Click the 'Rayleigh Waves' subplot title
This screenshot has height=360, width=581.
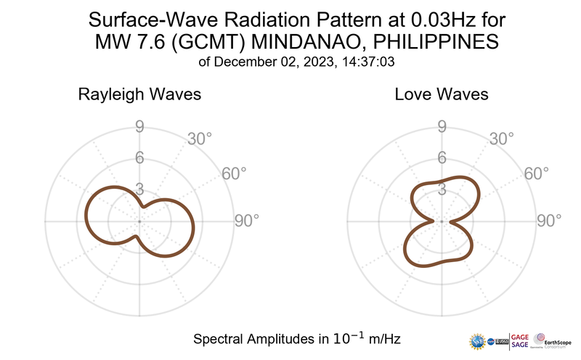139,95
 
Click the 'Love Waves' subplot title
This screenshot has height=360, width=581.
441,95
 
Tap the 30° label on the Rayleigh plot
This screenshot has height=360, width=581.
199,139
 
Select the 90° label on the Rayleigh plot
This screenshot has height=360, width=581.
246,221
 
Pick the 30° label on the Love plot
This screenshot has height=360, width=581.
501,139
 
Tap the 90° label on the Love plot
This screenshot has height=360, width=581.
548,221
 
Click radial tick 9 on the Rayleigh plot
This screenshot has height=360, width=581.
139,128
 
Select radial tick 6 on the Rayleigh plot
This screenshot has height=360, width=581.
139,158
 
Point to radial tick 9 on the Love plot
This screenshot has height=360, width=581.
441,128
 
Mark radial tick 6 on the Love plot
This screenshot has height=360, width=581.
441,158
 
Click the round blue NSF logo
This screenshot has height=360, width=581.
479,340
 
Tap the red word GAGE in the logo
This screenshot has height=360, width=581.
521,335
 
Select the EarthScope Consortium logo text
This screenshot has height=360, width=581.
561,340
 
